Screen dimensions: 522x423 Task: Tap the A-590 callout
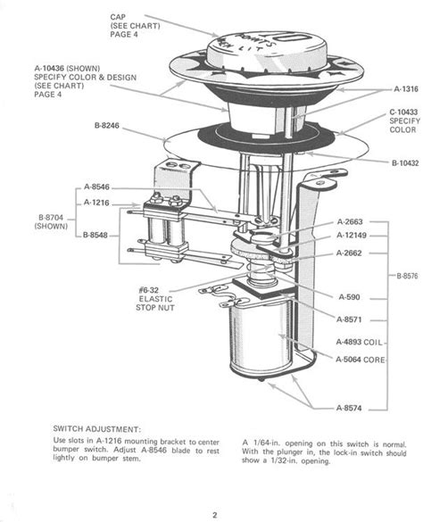[349, 296]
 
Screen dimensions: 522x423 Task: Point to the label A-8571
[351, 319]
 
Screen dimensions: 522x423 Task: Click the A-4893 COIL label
[361, 342]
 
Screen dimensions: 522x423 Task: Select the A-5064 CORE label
[361, 359]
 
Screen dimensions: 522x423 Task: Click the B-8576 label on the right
[407, 276]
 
